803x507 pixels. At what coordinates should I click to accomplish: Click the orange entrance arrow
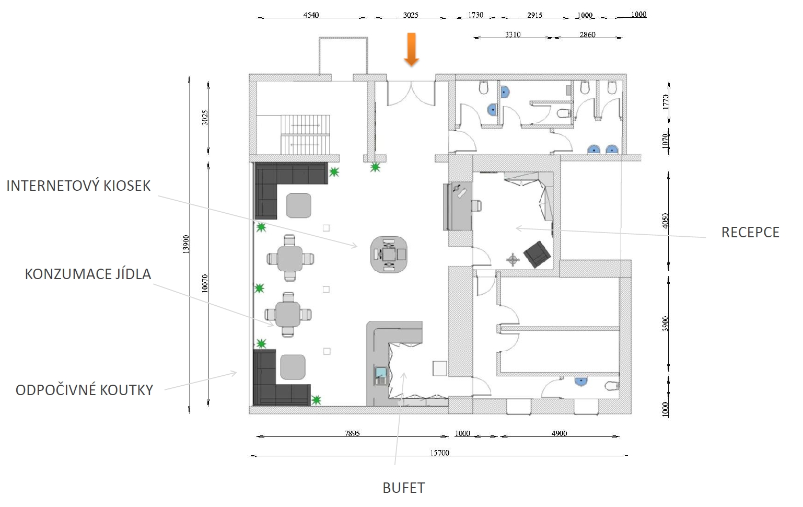(412, 50)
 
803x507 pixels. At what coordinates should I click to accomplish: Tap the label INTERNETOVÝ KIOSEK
(78, 186)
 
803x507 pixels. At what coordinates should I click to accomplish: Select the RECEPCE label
(750, 233)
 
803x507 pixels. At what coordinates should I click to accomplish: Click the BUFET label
(404, 488)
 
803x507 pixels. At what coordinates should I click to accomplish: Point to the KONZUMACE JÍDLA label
(88, 274)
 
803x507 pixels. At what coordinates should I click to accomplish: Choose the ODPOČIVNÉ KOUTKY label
(84, 390)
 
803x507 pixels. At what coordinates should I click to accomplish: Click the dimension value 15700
(439, 453)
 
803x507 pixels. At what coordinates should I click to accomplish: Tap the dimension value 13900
(185, 245)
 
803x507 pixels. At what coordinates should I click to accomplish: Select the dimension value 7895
(352, 433)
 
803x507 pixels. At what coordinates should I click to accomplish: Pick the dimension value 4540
(311, 15)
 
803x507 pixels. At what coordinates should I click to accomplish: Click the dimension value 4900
(559, 433)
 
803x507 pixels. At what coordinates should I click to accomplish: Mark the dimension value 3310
(513, 34)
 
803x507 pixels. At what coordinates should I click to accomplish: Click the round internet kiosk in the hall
(389, 254)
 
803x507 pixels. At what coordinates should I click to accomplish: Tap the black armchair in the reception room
(537, 254)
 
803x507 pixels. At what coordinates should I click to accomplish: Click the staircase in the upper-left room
(305, 134)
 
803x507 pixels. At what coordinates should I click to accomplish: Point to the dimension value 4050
(666, 221)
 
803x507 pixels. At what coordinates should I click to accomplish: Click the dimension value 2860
(587, 34)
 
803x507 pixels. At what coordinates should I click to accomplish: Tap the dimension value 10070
(205, 283)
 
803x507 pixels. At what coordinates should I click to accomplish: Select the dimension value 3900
(666, 324)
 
